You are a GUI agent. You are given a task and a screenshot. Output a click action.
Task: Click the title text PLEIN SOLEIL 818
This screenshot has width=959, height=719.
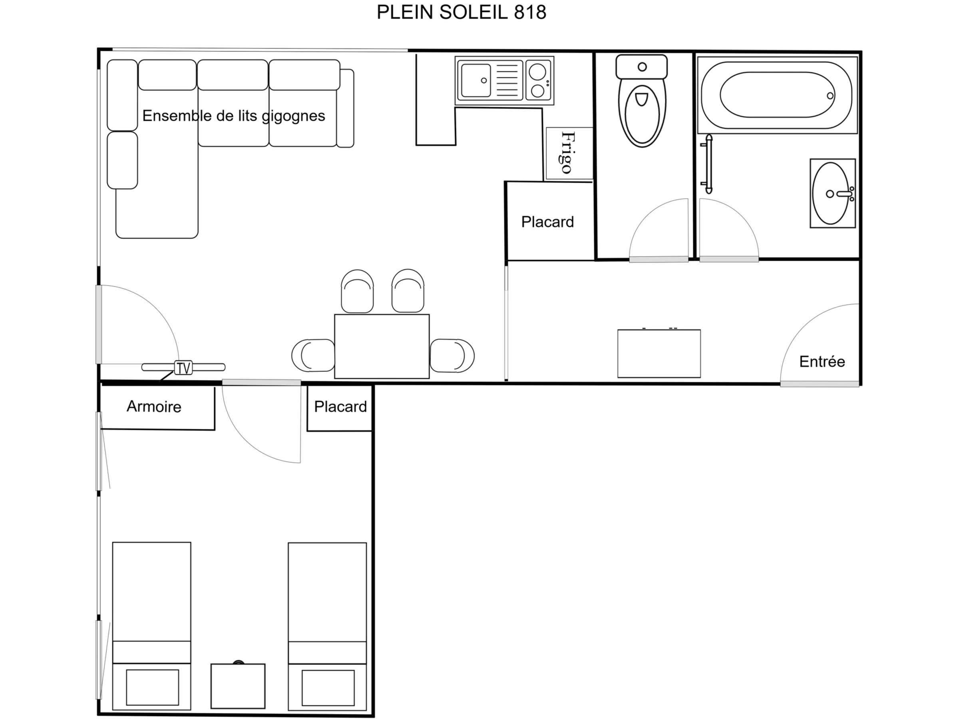point(461,12)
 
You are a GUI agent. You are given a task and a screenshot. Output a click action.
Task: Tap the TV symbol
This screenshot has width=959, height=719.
point(183,367)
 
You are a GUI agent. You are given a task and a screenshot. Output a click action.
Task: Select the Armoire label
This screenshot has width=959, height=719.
point(154,407)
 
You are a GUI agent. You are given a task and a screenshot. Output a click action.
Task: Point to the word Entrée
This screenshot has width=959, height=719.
point(822,361)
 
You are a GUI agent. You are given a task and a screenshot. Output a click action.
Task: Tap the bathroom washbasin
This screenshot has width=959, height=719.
point(831,193)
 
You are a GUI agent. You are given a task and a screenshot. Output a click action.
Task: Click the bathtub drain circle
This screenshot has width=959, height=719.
point(830,96)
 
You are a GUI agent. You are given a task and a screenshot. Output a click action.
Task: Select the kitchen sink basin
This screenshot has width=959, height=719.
point(476,81)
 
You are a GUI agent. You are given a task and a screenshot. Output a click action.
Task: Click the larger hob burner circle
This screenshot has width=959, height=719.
point(537,72)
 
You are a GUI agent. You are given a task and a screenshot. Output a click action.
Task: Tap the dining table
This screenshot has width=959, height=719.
point(382,346)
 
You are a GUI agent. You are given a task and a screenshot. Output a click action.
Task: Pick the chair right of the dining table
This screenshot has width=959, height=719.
point(452,356)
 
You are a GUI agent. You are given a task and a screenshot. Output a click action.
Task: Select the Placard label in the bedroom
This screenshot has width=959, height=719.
point(340,407)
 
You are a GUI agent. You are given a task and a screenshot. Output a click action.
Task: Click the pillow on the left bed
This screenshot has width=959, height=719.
point(153,687)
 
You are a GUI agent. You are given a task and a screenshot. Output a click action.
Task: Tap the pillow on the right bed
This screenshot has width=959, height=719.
point(328,688)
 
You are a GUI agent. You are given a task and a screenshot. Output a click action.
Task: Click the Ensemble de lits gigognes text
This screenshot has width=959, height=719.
point(234,116)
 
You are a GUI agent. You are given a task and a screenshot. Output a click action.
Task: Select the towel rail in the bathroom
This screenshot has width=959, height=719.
point(708,164)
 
